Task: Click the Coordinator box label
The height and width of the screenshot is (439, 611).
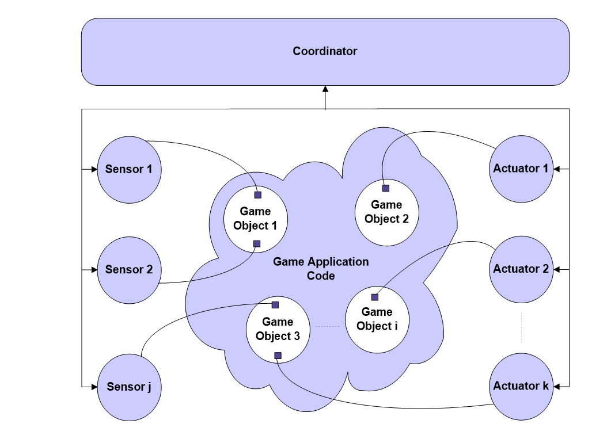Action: click(x=325, y=51)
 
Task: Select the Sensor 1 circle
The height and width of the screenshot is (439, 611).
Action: click(x=129, y=170)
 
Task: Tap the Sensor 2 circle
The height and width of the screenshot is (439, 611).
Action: click(x=129, y=270)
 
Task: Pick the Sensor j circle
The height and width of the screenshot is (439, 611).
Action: click(x=129, y=387)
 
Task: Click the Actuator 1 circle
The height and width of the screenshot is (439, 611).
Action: click(x=521, y=169)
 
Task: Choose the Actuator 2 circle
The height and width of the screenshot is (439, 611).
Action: click(x=521, y=269)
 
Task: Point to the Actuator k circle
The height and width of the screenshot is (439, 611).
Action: click(x=521, y=387)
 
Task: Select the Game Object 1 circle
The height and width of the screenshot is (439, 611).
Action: click(x=255, y=219)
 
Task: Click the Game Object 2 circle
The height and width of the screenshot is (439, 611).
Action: click(x=386, y=212)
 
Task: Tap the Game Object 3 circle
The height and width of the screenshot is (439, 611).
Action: click(x=278, y=330)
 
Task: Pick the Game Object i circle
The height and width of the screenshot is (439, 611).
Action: click(x=377, y=319)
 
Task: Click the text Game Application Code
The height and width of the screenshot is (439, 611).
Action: click(x=321, y=269)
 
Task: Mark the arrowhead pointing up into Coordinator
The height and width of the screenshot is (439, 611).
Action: click(x=325, y=89)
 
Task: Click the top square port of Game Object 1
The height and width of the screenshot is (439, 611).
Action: click(x=257, y=195)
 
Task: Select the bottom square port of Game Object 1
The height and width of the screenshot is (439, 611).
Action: click(x=257, y=243)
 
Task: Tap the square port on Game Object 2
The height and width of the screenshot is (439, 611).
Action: click(x=386, y=188)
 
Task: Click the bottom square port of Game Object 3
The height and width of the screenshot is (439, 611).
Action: click(x=278, y=356)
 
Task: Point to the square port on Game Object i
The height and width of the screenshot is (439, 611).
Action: click(x=375, y=297)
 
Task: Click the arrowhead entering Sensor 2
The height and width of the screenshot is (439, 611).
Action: click(x=94, y=270)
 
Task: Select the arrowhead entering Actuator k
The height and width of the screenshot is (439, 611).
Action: click(x=557, y=387)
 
